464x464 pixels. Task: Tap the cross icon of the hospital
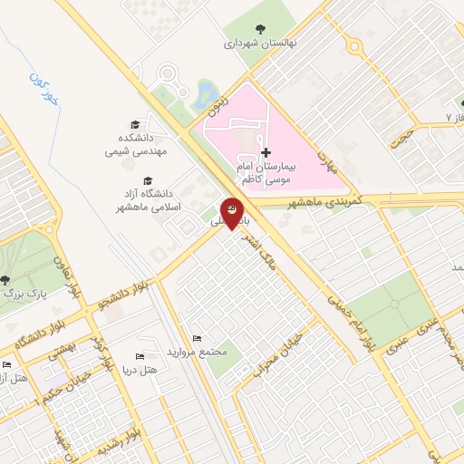click(x=265, y=152)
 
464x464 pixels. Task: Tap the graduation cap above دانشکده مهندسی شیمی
click(x=135, y=125)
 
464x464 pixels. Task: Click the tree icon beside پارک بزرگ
click(x=6, y=280)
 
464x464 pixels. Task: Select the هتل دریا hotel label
click(x=146, y=370)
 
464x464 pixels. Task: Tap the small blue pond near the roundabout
click(x=207, y=92)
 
